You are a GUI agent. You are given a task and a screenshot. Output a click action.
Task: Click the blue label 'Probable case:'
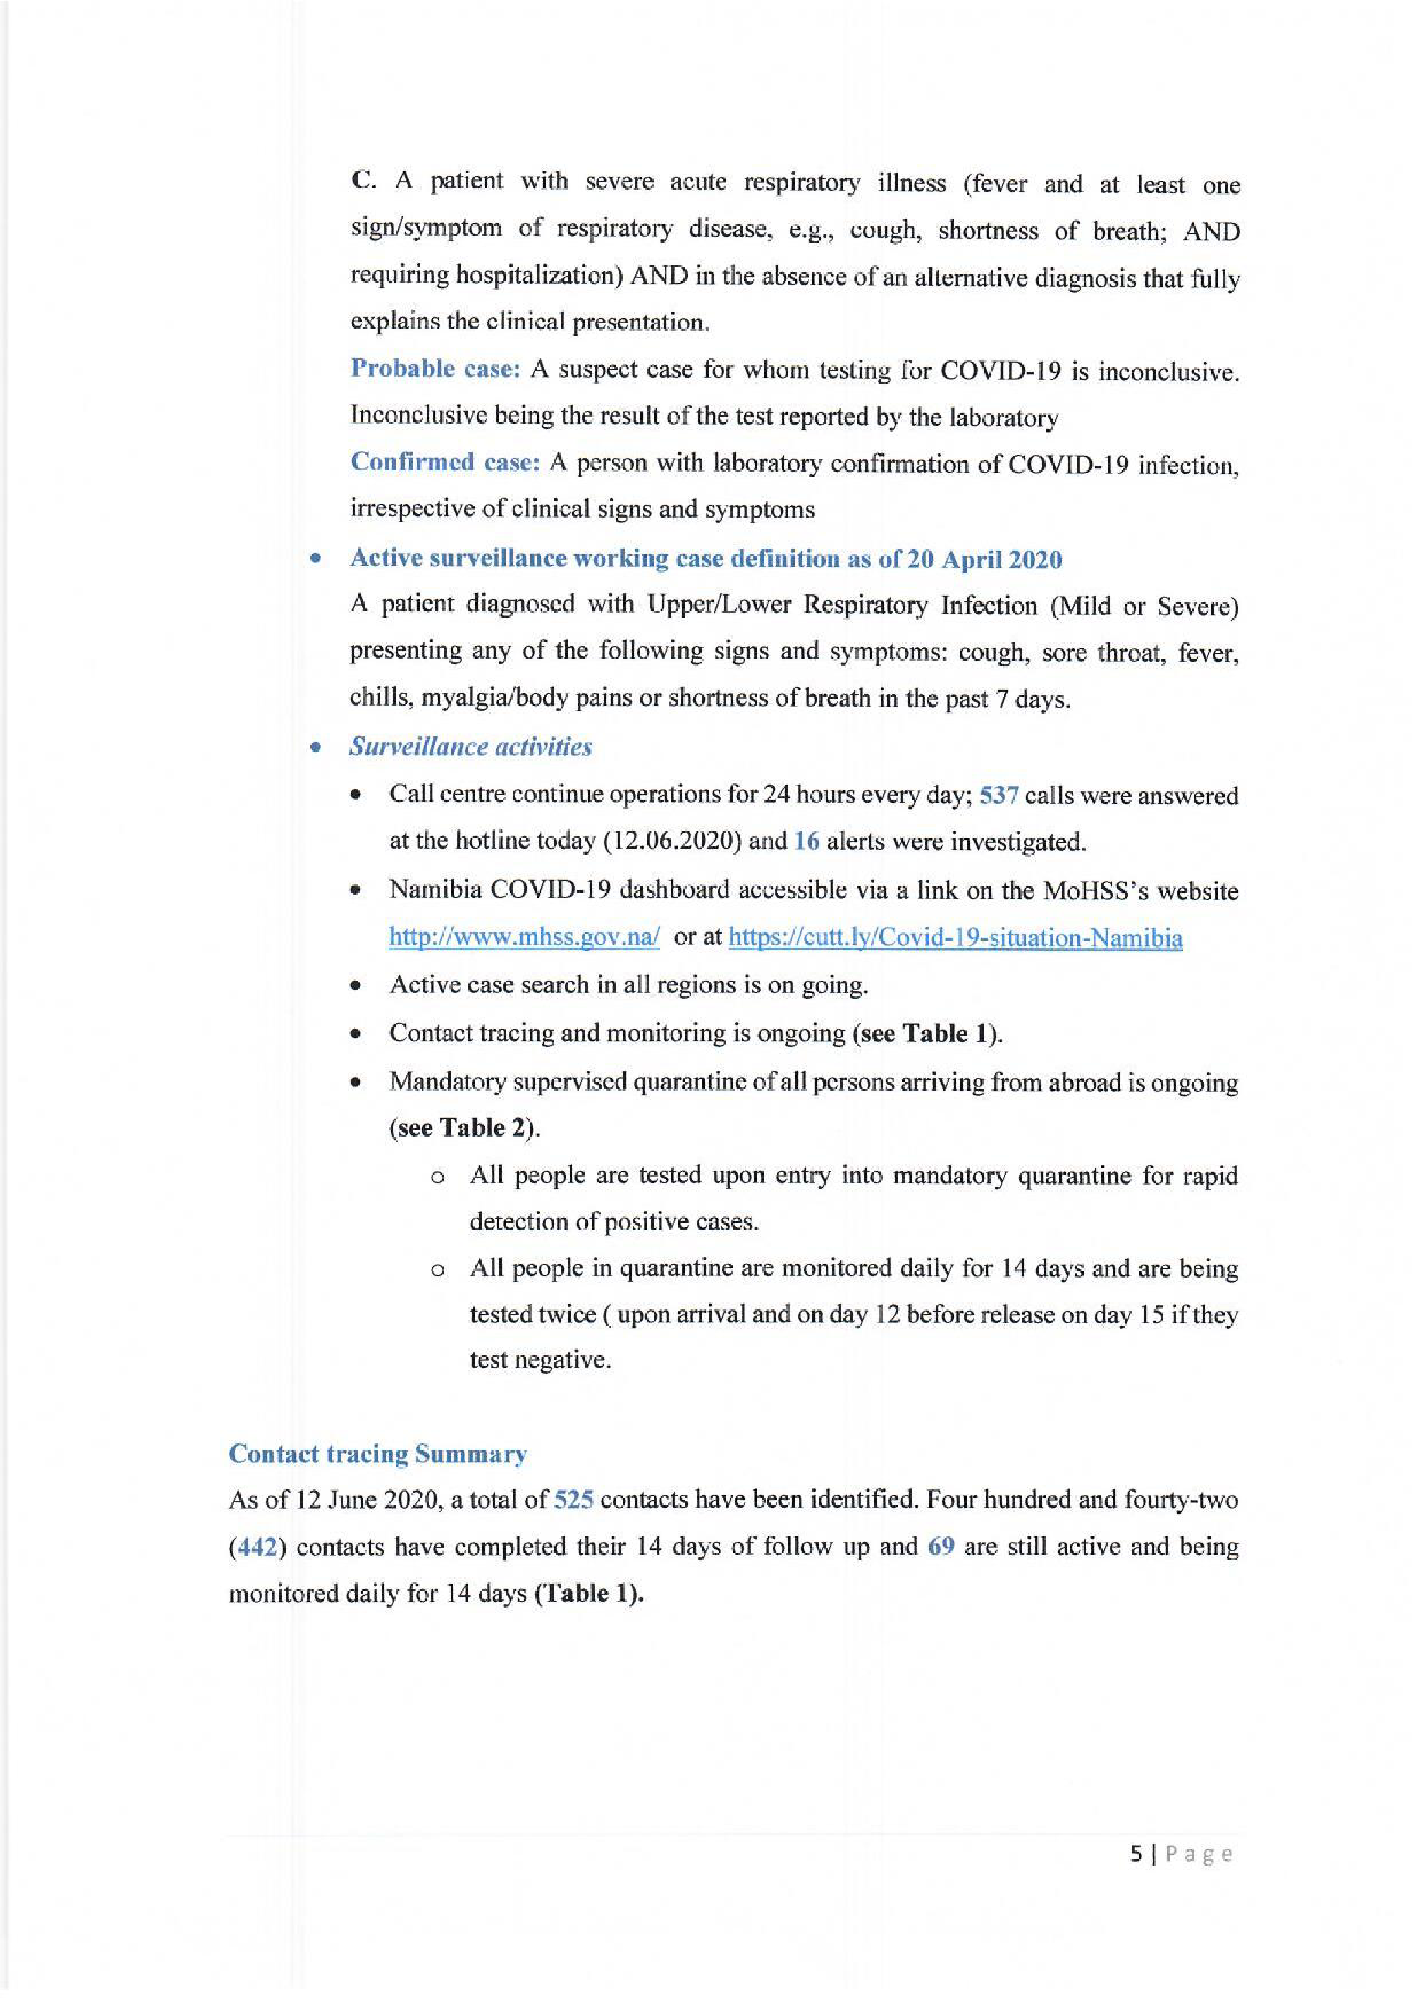point(435,369)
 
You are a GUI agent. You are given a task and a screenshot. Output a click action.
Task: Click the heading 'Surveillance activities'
point(470,747)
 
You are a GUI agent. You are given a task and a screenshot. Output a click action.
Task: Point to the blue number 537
point(998,796)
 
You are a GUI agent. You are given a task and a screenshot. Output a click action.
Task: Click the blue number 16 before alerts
point(806,841)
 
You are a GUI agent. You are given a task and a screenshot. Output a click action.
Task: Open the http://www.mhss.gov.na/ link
point(524,937)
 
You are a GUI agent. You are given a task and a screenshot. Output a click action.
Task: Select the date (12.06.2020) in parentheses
point(672,841)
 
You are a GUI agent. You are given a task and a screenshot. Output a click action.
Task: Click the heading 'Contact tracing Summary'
point(378,1454)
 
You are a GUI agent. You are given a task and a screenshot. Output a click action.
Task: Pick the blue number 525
point(574,1500)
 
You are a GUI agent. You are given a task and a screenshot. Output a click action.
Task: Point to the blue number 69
point(940,1547)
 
